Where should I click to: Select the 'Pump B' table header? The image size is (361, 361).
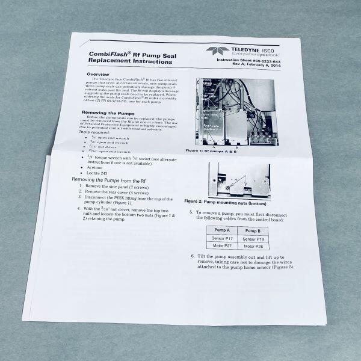(x=253, y=230)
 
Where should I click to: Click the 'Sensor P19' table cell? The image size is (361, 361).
(x=253, y=239)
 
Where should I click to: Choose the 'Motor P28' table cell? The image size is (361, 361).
(x=253, y=246)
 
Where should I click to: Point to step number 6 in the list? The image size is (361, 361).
(x=193, y=256)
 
